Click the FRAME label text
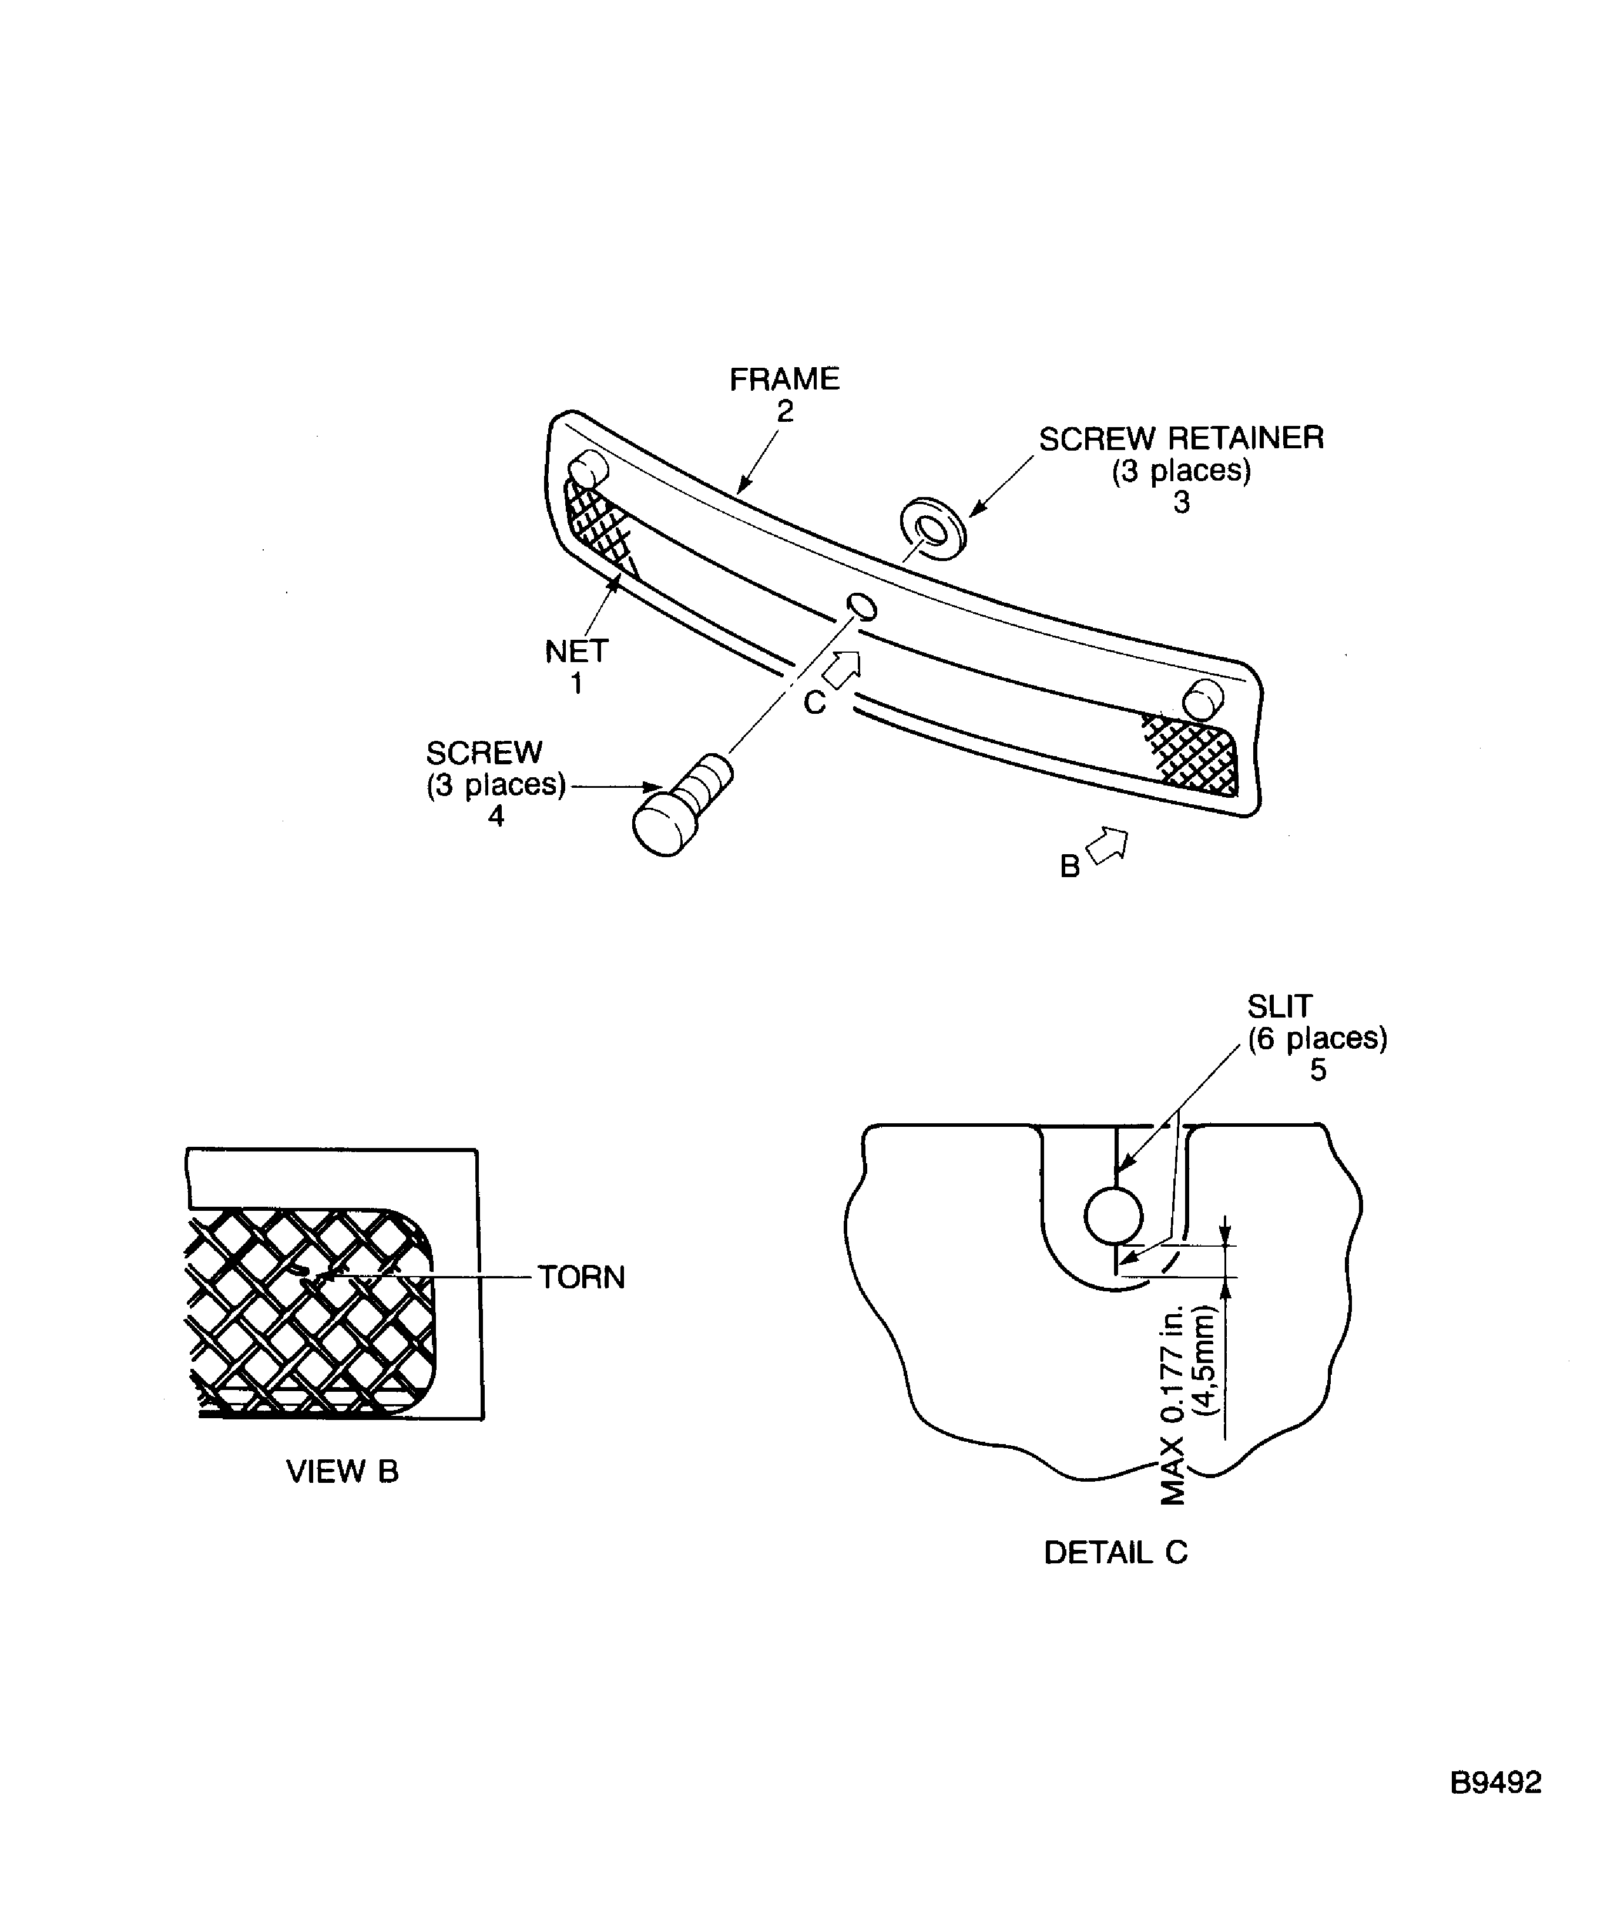click(x=784, y=379)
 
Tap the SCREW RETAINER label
click(x=1182, y=438)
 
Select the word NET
click(x=576, y=652)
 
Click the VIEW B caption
click(x=343, y=1472)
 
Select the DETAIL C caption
click(x=1116, y=1553)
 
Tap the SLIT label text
click(x=1279, y=1006)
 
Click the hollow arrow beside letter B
click(x=1108, y=845)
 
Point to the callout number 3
click(x=1182, y=503)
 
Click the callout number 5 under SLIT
click(x=1317, y=1070)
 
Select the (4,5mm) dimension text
click(x=1205, y=1361)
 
